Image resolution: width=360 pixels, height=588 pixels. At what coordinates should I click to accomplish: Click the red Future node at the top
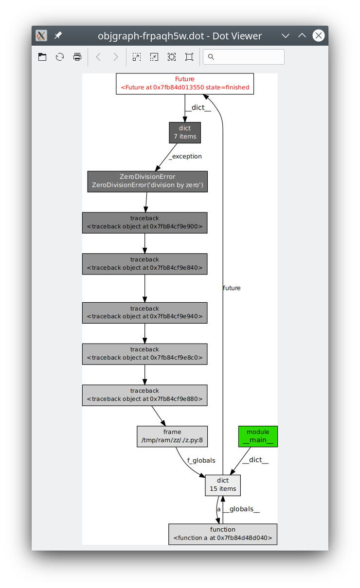(185, 84)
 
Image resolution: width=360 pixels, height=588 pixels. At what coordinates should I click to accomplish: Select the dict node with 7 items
(185, 132)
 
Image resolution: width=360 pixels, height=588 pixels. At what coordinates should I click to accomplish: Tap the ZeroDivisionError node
(147, 181)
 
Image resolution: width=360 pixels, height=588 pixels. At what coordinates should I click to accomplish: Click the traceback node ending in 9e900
(144, 223)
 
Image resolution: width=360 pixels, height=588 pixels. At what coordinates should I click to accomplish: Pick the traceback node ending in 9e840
(144, 264)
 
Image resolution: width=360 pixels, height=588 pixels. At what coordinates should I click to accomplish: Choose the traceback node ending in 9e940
(144, 312)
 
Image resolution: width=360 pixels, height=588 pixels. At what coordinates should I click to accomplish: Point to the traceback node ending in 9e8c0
(144, 354)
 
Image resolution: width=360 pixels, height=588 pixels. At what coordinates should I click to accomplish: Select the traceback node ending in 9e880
(144, 395)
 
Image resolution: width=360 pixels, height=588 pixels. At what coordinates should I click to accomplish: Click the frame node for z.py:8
(172, 436)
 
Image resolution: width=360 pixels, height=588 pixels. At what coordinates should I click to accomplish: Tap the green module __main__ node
(258, 436)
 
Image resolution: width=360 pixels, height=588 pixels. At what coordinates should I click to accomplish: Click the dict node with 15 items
(223, 485)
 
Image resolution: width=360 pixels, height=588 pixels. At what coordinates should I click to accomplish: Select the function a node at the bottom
(223, 534)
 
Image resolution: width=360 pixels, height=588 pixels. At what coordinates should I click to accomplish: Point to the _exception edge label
(185, 156)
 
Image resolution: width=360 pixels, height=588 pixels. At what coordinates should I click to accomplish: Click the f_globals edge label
(201, 460)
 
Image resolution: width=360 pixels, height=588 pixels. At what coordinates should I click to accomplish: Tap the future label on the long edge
(232, 288)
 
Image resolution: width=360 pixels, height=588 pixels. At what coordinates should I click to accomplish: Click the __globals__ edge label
(242, 509)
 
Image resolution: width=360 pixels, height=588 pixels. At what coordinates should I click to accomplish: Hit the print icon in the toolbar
(77, 57)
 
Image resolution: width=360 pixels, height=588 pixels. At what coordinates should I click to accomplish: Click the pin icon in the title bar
(58, 35)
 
